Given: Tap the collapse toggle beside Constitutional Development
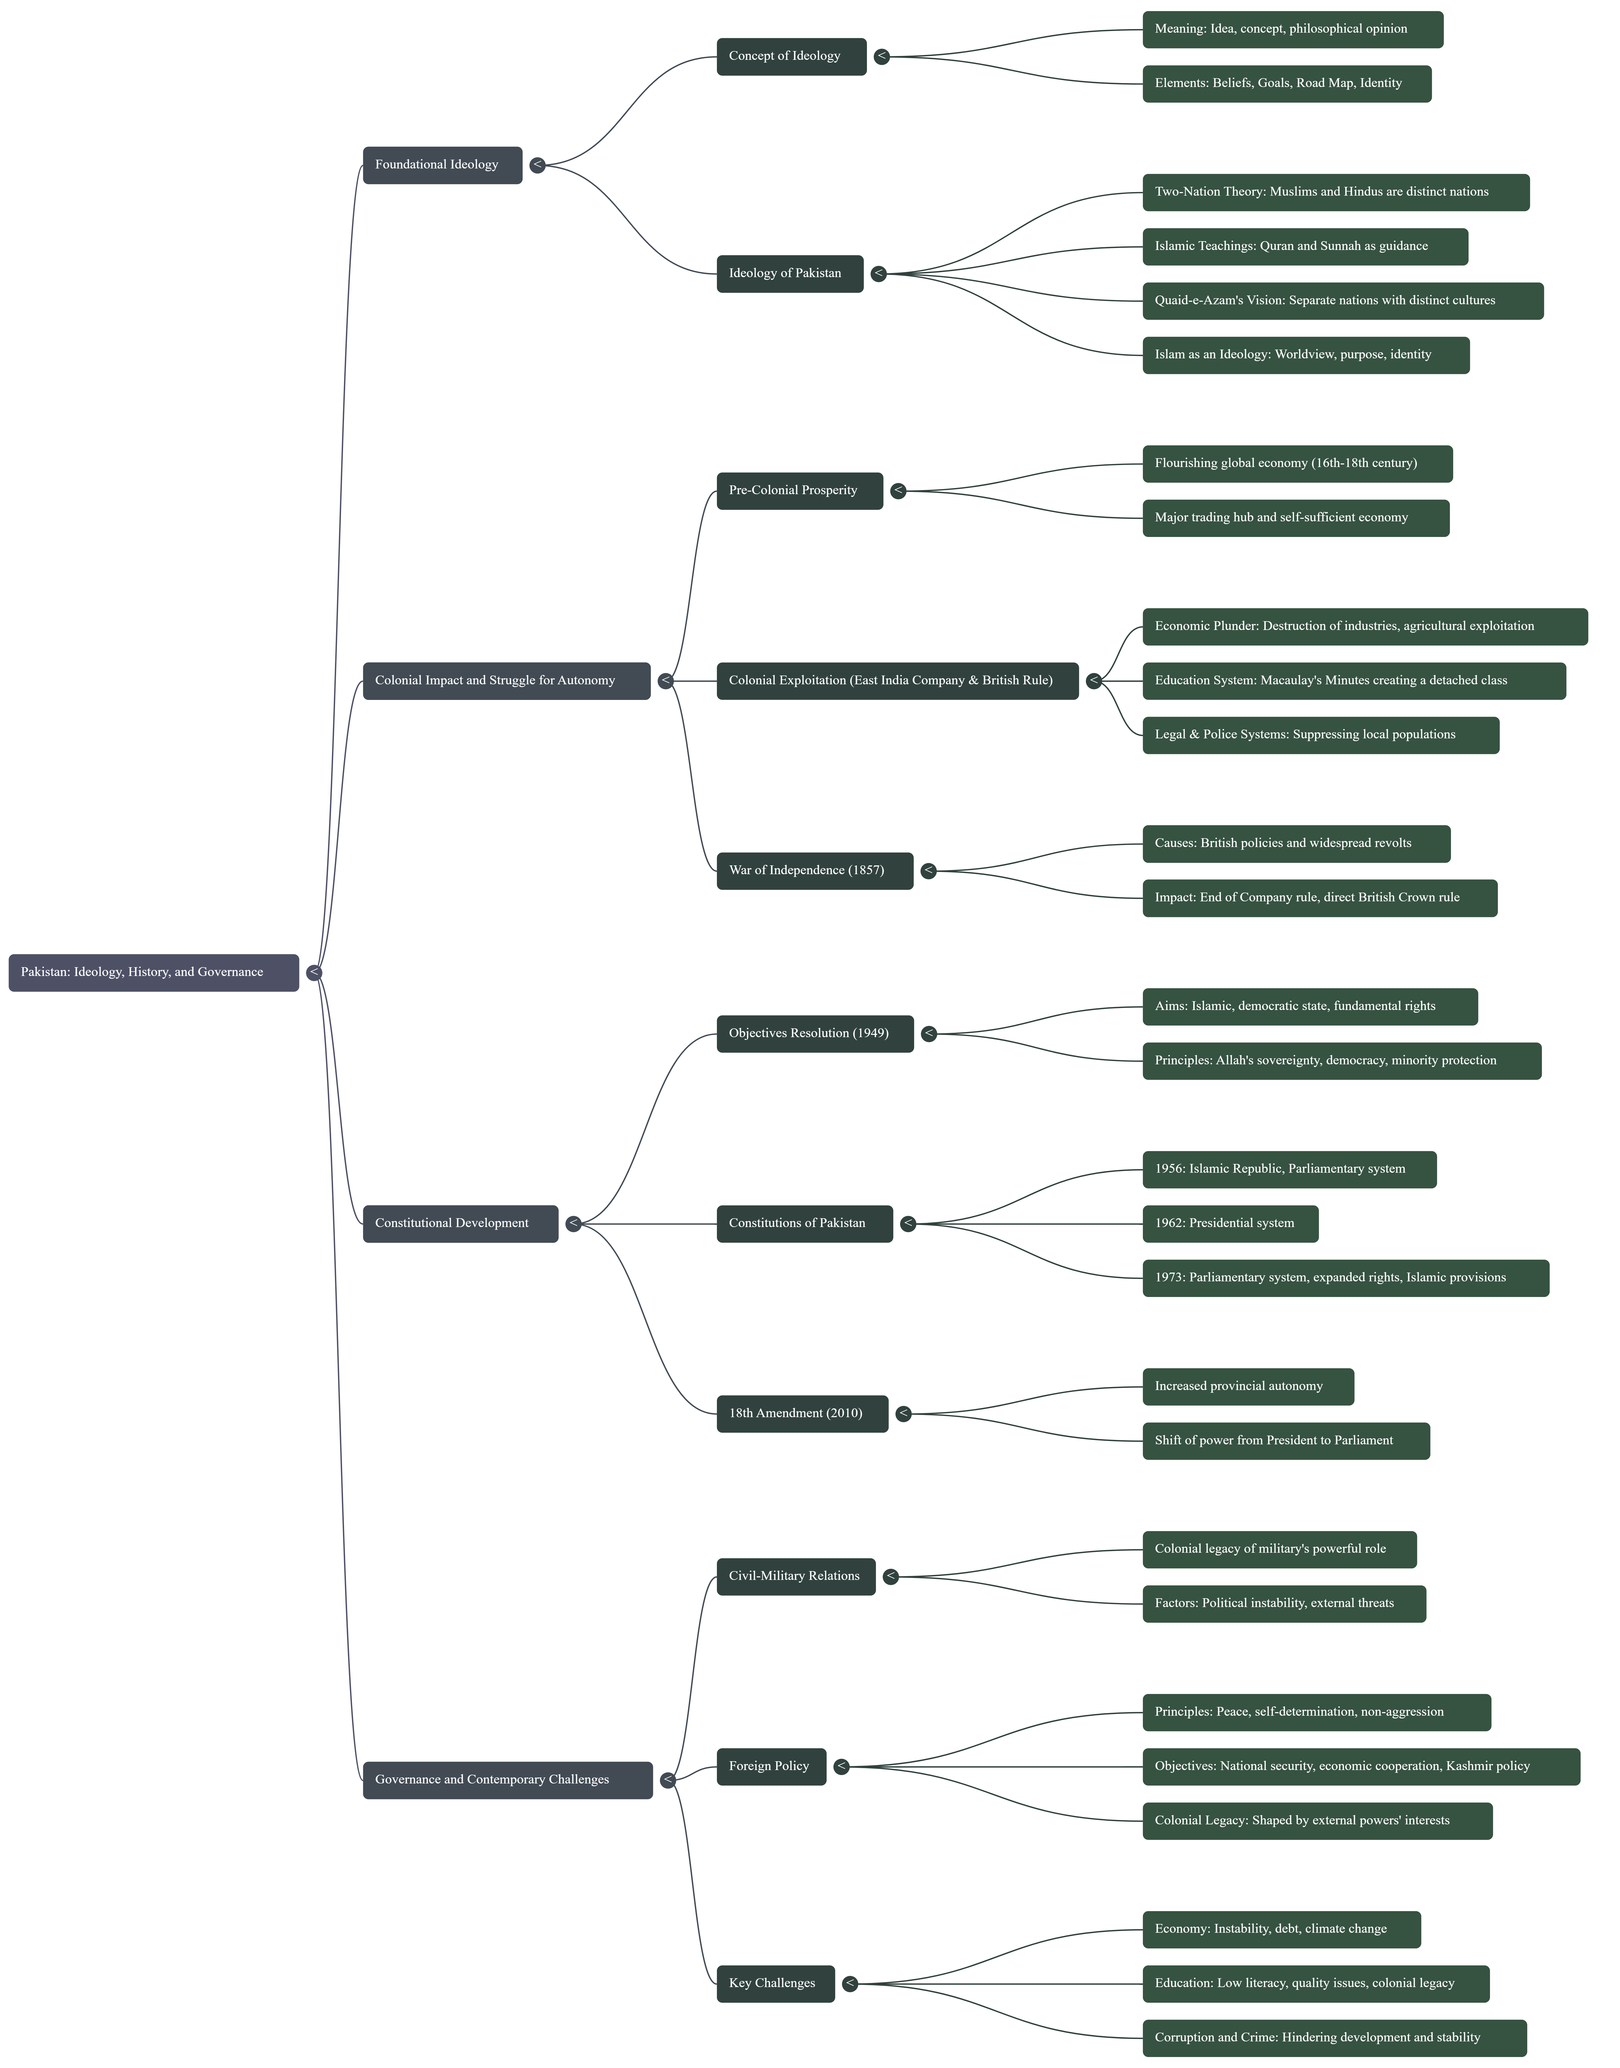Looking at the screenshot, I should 573,1224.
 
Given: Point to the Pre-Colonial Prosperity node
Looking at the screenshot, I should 799,490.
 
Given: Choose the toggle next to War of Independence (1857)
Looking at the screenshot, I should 929,871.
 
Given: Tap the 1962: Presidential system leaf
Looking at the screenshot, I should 1229,1224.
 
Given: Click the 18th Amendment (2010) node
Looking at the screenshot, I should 801,1413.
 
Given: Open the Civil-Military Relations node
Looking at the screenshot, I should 795,1577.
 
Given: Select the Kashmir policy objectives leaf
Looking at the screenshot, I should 1360,1766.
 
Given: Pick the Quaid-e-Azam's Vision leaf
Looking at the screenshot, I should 1342,301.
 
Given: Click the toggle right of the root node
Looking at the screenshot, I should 314,972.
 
